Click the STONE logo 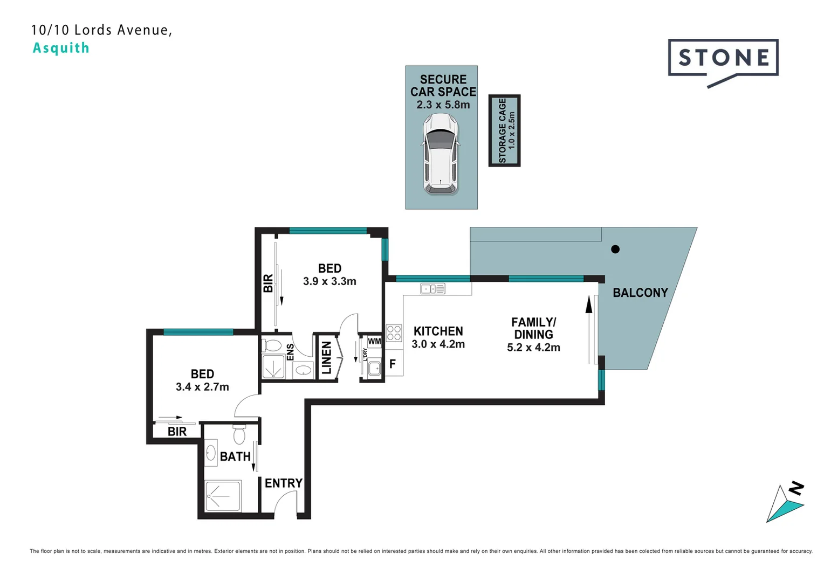click(x=723, y=58)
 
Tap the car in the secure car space click(x=441, y=154)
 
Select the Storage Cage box click(x=504, y=130)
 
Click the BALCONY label click(x=640, y=293)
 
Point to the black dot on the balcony click(x=615, y=249)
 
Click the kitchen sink click(x=432, y=289)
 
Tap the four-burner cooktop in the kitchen click(x=394, y=333)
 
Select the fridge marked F click(x=393, y=364)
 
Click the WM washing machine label click(x=374, y=342)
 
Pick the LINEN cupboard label click(x=327, y=357)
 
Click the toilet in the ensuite click(x=273, y=345)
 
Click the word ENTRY click(x=283, y=483)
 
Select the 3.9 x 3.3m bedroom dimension click(x=329, y=281)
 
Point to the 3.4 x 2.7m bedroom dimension click(x=202, y=387)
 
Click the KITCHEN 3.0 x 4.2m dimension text click(x=438, y=344)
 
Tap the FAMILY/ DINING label click(x=533, y=328)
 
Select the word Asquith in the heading click(x=61, y=48)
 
